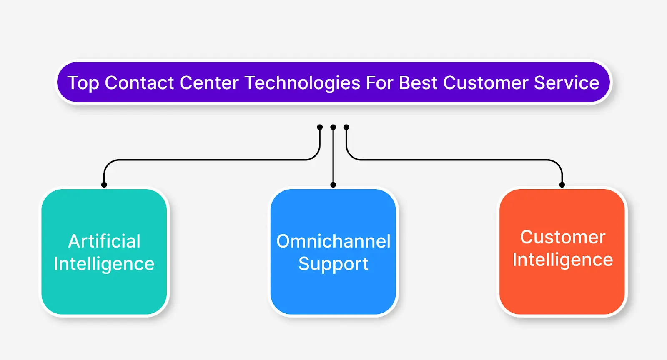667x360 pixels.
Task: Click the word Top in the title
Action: [x=83, y=83]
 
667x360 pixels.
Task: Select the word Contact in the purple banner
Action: [x=139, y=83]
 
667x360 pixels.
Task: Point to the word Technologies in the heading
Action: [x=302, y=83]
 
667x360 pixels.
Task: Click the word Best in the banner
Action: [x=418, y=83]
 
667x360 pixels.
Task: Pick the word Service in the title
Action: [x=567, y=83]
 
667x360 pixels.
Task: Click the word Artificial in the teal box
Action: [x=104, y=241]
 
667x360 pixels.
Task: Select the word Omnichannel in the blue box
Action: [x=333, y=241]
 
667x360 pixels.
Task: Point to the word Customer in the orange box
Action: [x=562, y=237]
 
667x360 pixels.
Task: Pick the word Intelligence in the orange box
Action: [x=562, y=260]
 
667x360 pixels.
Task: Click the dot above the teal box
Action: [x=104, y=185]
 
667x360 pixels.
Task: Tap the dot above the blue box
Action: [x=333, y=185]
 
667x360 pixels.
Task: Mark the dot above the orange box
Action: [x=562, y=185]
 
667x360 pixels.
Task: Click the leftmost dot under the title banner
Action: [x=320, y=127]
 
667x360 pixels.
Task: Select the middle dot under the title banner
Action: [x=333, y=127]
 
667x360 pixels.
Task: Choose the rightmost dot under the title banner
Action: [x=346, y=127]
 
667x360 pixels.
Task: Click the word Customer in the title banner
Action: [x=486, y=83]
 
